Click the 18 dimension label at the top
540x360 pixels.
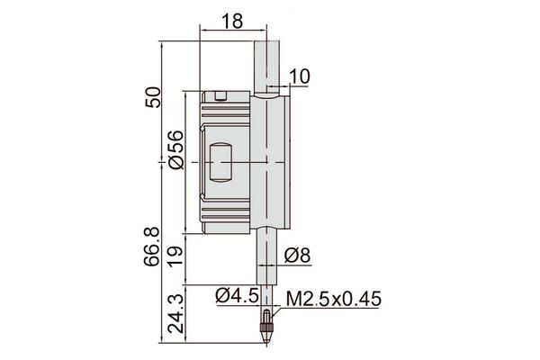[x=232, y=21]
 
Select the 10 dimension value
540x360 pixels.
[x=300, y=76]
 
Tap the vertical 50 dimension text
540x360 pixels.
[x=153, y=97]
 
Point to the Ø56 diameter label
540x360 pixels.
[x=176, y=150]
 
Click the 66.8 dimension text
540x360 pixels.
[x=152, y=247]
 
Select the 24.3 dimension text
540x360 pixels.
[x=176, y=314]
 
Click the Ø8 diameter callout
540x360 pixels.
[x=298, y=256]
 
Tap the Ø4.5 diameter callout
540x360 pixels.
[x=238, y=295]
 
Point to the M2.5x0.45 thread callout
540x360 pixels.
[x=334, y=299]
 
